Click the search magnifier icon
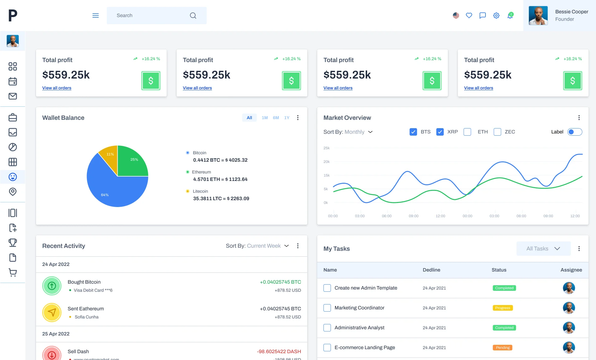[x=193, y=16]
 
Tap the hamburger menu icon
[x=96, y=16]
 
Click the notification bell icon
[x=510, y=16]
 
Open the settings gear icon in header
[x=496, y=16]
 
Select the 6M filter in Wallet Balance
[x=276, y=118]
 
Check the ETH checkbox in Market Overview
[x=467, y=132]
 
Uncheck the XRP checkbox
[x=440, y=132]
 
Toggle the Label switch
[x=575, y=132]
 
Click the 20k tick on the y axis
[x=326, y=162]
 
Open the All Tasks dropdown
[x=543, y=249]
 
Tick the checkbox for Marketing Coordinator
[x=327, y=308]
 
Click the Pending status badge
[x=503, y=348]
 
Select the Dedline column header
[x=431, y=270]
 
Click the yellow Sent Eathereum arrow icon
[x=52, y=312]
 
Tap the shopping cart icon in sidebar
[x=13, y=272]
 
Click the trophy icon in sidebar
[x=13, y=242]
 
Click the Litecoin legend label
[x=200, y=191]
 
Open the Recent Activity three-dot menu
[x=298, y=246]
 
